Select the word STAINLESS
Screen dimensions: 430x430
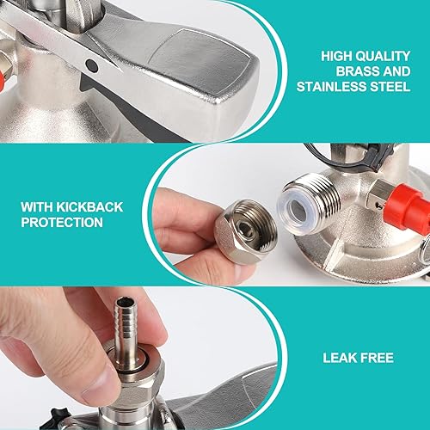tap(331, 87)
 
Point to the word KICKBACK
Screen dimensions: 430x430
tap(90, 207)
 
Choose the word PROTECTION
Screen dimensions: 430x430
tap(62, 222)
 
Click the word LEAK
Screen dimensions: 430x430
tap(339, 358)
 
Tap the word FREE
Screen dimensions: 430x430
tap(376, 358)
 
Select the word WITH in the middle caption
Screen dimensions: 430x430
tap(37, 207)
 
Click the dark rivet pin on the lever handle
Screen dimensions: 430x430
tap(92, 66)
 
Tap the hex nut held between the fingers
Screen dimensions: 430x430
tap(245, 231)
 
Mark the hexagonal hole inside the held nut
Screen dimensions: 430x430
tap(246, 230)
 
